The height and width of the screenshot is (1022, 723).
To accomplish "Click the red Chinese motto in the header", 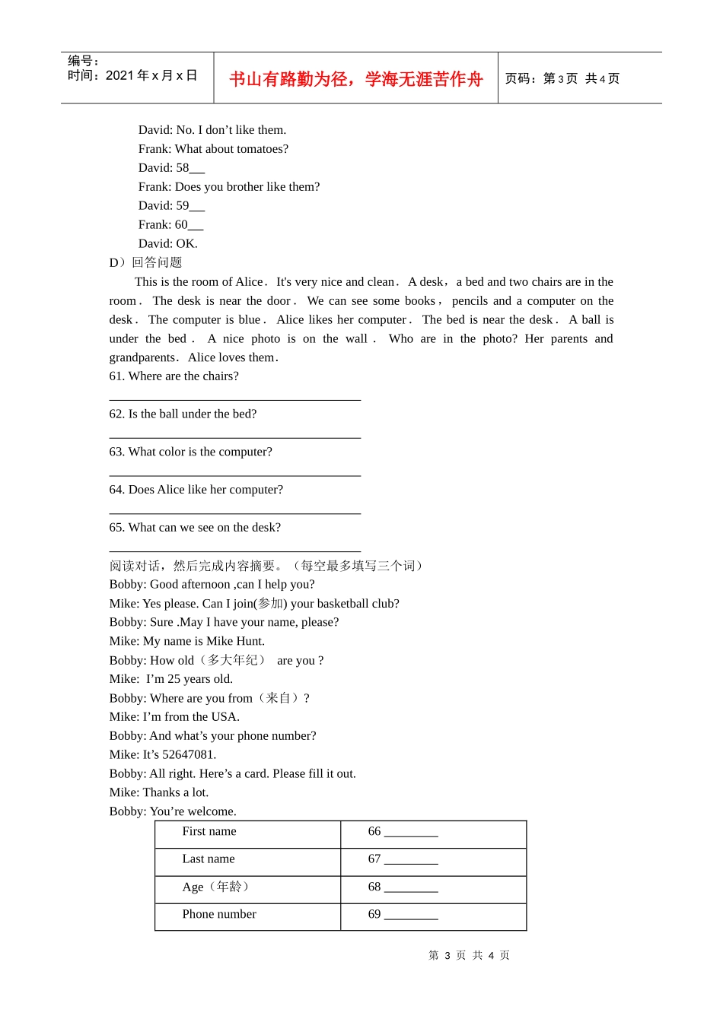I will coord(355,79).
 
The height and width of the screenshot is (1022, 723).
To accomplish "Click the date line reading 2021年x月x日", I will coord(132,75).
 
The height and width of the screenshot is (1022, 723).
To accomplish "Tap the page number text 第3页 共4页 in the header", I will coord(562,78).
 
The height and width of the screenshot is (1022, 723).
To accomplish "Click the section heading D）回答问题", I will coord(145,262).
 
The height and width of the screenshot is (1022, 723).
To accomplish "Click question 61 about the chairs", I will coord(174,376).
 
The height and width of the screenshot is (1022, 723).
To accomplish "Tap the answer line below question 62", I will coord(234,437).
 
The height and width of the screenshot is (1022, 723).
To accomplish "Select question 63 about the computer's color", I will coord(190,452).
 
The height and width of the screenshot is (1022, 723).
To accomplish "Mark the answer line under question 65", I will coord(234,551).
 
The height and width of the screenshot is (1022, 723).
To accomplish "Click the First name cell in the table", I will coord(209,832).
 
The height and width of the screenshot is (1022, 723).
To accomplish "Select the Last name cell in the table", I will coord(209,859).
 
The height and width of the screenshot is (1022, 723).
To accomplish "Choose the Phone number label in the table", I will coord(219,914).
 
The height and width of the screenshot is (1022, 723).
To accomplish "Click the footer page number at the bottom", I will coord(469,956).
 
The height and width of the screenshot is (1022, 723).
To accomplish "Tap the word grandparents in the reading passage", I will coord(142,357).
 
